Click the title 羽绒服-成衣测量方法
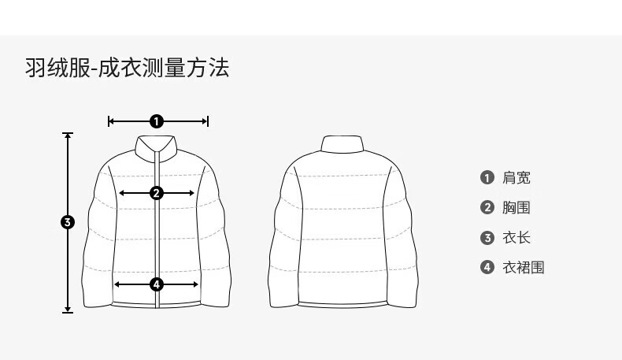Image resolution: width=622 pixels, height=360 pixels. pyautogui.click(x=127, y=69)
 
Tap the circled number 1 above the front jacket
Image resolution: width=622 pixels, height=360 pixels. pyautogui.click(x=157, y=121)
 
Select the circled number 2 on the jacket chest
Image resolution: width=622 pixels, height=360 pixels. pyautogui.click(x=156, y=192)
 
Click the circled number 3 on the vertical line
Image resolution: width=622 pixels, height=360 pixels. pyautogui.click(x=68, y=222)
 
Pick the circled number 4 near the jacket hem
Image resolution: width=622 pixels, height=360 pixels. pyautogui.click(x=156, y=284)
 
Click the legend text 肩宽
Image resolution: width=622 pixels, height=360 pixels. pyautogui.click(x=516, y=178)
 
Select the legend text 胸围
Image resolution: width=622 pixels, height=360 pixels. pyautogui.click(x=516, y=208)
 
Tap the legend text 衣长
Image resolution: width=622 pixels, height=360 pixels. pyautogui.click(x=516, y=238)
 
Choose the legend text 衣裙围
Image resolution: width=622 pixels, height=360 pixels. pyautogui.click(x=524, y=268)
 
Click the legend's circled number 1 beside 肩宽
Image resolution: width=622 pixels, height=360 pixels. pyautogui.click(x=487, y=178)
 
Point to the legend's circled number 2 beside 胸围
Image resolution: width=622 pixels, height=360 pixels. pyautogui.click(x=487, y=208)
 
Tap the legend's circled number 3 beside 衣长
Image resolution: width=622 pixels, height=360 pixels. pyautogui.click(x=487, y=238)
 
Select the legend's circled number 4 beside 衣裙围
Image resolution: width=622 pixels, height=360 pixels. pyautogui.click(x=487, y=268)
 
